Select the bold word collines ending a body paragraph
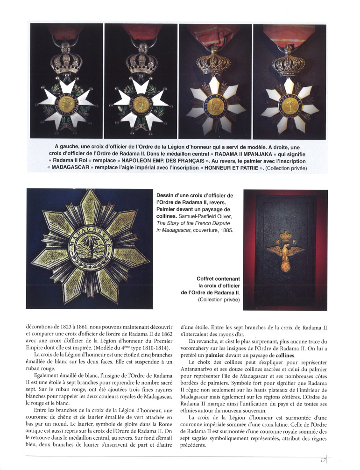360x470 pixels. [x=284, y=354]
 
